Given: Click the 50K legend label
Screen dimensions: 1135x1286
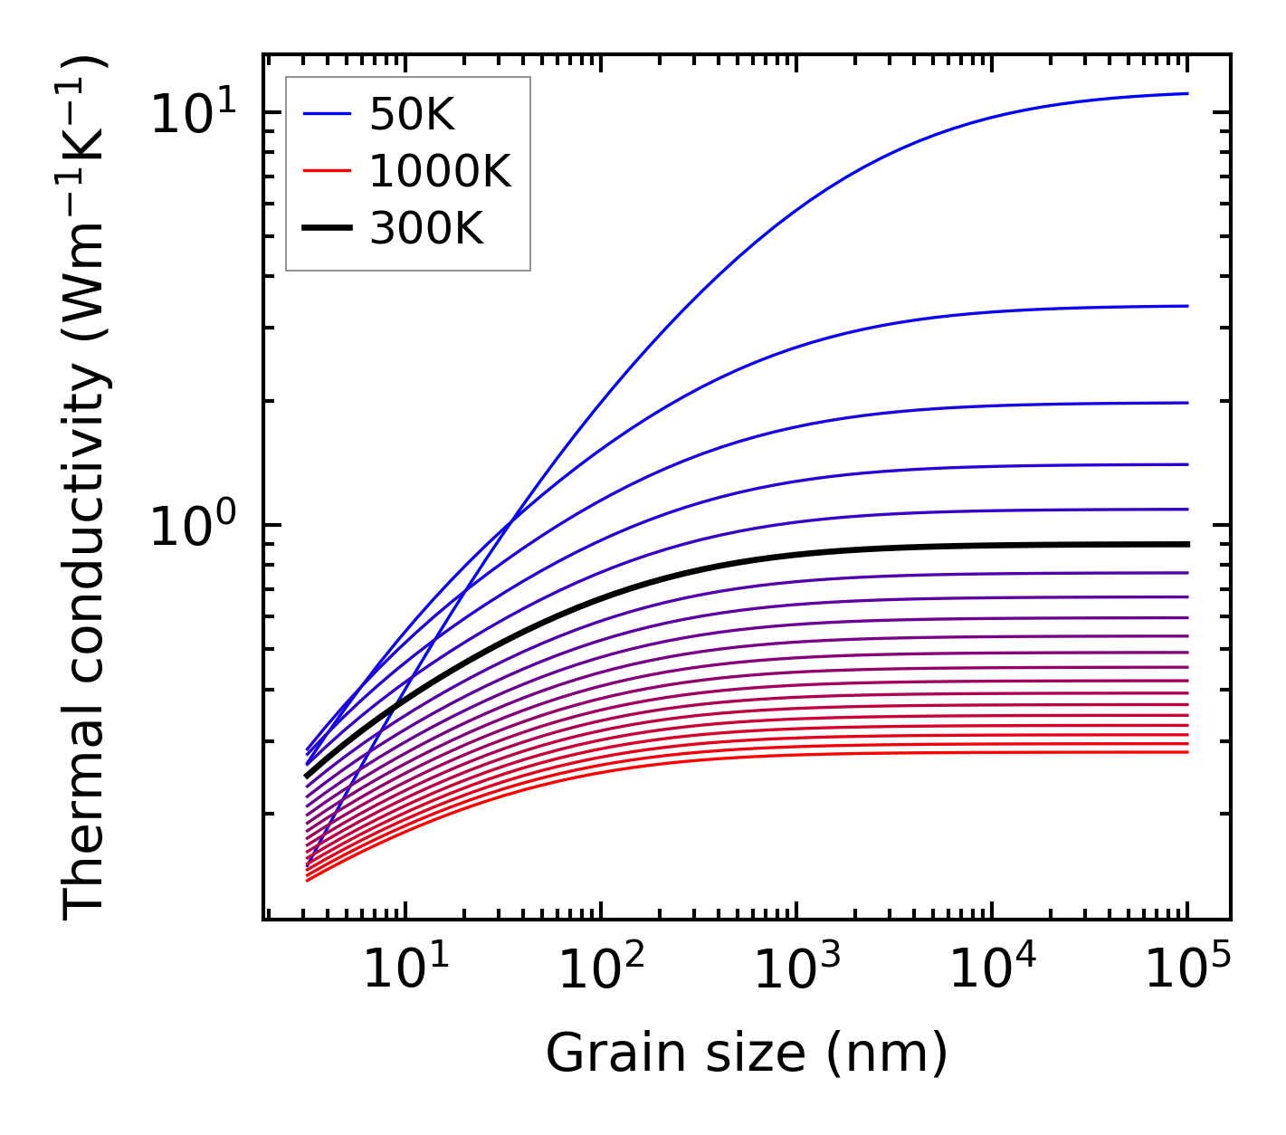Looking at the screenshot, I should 412,114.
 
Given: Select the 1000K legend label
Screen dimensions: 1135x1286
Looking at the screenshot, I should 440,171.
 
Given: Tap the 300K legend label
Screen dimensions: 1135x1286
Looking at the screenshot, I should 426,229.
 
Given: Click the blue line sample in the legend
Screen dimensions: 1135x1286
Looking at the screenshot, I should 327,114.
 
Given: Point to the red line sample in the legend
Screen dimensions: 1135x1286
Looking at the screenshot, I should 327,171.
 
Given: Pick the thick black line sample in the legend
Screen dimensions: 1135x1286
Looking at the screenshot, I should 327,229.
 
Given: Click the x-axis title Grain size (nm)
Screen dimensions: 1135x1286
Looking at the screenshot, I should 747,1054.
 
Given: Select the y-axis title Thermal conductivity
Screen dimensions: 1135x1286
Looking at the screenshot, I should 86,489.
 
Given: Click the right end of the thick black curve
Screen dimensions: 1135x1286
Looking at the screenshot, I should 1186,544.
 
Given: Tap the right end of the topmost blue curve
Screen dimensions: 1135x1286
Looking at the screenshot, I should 1186,93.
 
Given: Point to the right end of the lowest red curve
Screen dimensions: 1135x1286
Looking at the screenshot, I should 1186,752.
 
